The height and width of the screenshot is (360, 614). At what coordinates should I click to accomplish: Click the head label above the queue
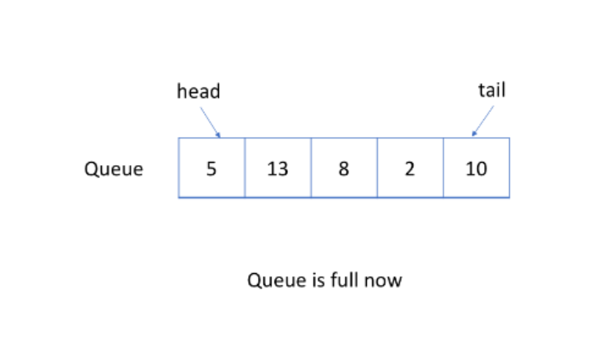[x=199, y=92]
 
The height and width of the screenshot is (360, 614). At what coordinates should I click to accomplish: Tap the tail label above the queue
[x=492, y=90]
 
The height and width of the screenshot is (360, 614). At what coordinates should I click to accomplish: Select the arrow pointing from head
[x=210, y=122]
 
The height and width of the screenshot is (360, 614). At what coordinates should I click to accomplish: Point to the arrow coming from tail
[x=483, y=121]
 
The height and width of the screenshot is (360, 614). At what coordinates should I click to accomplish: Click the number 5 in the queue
[x=211, y=169]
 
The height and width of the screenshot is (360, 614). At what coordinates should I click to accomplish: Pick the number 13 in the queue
[x=278, y=169]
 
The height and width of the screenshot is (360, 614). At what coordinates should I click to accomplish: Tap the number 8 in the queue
[x=344, y=169]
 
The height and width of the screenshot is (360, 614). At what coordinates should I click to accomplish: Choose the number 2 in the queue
[x=410, y=169]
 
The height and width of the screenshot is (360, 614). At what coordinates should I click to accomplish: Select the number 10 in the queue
[x=476, y=169]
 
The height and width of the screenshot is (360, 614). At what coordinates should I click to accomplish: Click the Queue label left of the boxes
[x=114, y=169]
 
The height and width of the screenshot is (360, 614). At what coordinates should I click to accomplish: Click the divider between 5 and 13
[x=245, y=167]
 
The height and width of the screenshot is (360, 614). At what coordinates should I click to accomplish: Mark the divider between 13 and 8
[x=311, y=167]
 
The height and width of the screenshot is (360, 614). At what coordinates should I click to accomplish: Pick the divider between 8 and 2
[x=378, y=167]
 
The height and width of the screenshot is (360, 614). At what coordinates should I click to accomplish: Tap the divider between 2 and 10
[x=443, y=167]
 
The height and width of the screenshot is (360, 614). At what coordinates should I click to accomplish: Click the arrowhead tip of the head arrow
[x=221, y=138]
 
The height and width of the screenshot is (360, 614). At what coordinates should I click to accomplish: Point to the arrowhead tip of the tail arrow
[x=472, y=136]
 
